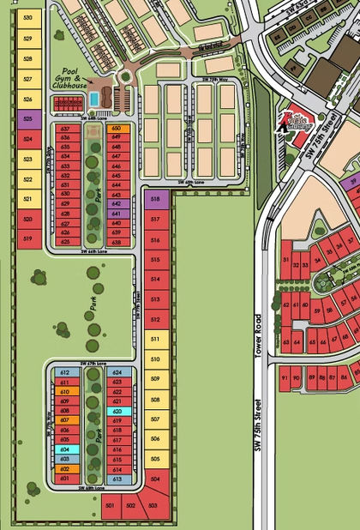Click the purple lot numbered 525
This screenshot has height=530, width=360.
point(28,120)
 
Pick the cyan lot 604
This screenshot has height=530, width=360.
point(64,449)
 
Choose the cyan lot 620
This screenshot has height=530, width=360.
point(117,412)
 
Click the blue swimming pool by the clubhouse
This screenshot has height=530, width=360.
point(92,100)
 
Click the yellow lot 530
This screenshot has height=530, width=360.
point(28,18)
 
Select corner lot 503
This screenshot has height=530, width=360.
point(153,506)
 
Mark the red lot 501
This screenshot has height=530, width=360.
point(110,508)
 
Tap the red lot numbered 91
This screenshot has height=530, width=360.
point(285,378)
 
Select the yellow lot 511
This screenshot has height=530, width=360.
point(155,339)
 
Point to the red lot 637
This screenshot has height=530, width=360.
point(65,129)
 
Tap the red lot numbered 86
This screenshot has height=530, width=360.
point(344,377)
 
